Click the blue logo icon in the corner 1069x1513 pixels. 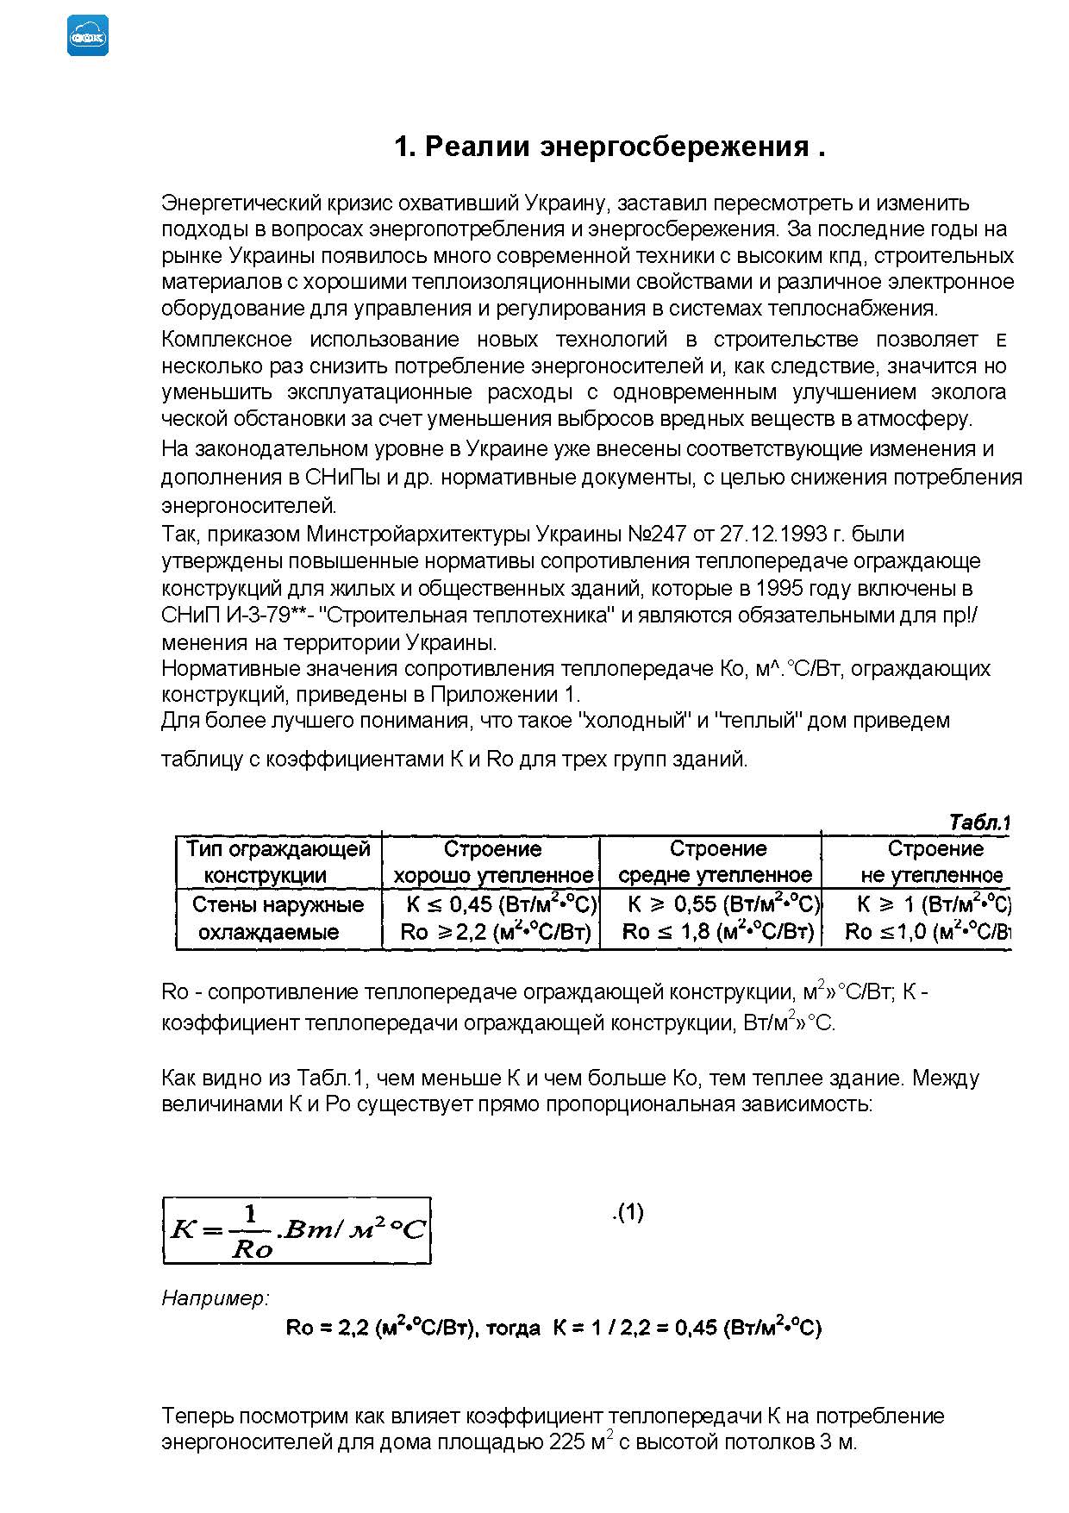point(88,36)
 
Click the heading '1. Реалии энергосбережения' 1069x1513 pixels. point(610,147)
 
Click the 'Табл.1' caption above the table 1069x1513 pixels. point(978,822)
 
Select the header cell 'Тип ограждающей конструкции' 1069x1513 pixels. point(278,862)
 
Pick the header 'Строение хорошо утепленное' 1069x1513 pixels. point(493,862)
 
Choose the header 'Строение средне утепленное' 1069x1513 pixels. point(716,862)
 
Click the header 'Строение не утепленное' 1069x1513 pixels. point(934,862)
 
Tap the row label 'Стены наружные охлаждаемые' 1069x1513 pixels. point(278,918)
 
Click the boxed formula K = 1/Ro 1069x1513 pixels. point(297,1230)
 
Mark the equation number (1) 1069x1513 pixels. point(628,1213)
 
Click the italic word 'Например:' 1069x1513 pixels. point(216,1297)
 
